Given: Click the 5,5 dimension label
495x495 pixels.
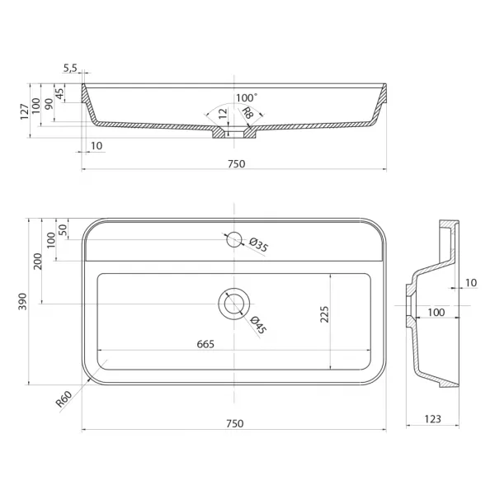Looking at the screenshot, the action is (70, 68).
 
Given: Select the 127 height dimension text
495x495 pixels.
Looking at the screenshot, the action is (25, 111).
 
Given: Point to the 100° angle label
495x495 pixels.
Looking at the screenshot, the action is (247, 98).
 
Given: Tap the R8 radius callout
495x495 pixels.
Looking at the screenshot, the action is (247, 113).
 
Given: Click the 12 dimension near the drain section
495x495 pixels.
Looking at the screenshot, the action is (223, 114).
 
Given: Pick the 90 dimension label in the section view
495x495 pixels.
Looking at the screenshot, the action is (49, 104).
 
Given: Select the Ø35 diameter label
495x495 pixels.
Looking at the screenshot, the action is (258, 245).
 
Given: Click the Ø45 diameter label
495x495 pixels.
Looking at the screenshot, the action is (258, 325).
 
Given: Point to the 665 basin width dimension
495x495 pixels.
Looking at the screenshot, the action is (205, 344).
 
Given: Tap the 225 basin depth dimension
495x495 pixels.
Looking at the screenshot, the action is (324, 314).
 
